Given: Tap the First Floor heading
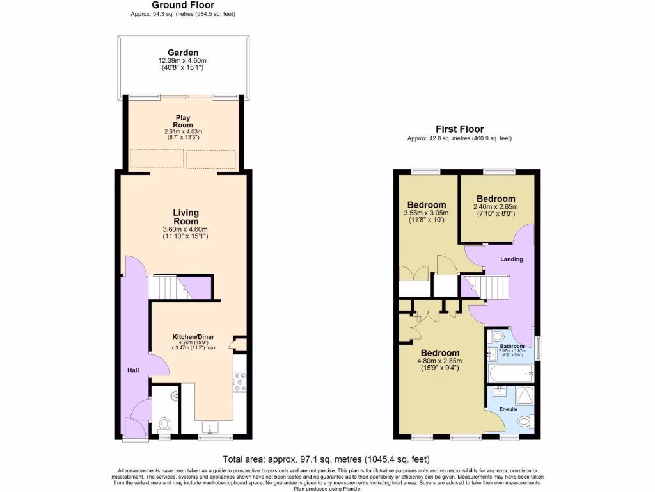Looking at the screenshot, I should tap(459, 129).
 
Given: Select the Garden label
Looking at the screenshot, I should tap(183, 53).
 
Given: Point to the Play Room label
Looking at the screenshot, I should tap(183, 121).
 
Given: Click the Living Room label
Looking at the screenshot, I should tap(185, 217).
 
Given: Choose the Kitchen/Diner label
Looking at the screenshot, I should tap(193, 337).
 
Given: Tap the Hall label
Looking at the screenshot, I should tap(132, 370).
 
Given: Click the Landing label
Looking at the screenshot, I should tap(512, 259).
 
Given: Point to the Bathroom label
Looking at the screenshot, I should tap(512, 347).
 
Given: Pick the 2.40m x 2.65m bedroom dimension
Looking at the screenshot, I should tap(495, 207).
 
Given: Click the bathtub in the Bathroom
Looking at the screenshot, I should tap(510, 373).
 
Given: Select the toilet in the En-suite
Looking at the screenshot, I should tap(525, 422).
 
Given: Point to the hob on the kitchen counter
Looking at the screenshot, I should tap(241, 382).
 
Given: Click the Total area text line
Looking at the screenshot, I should tap(326, 459).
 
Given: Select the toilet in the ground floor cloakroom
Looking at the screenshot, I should tap(164, 423).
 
